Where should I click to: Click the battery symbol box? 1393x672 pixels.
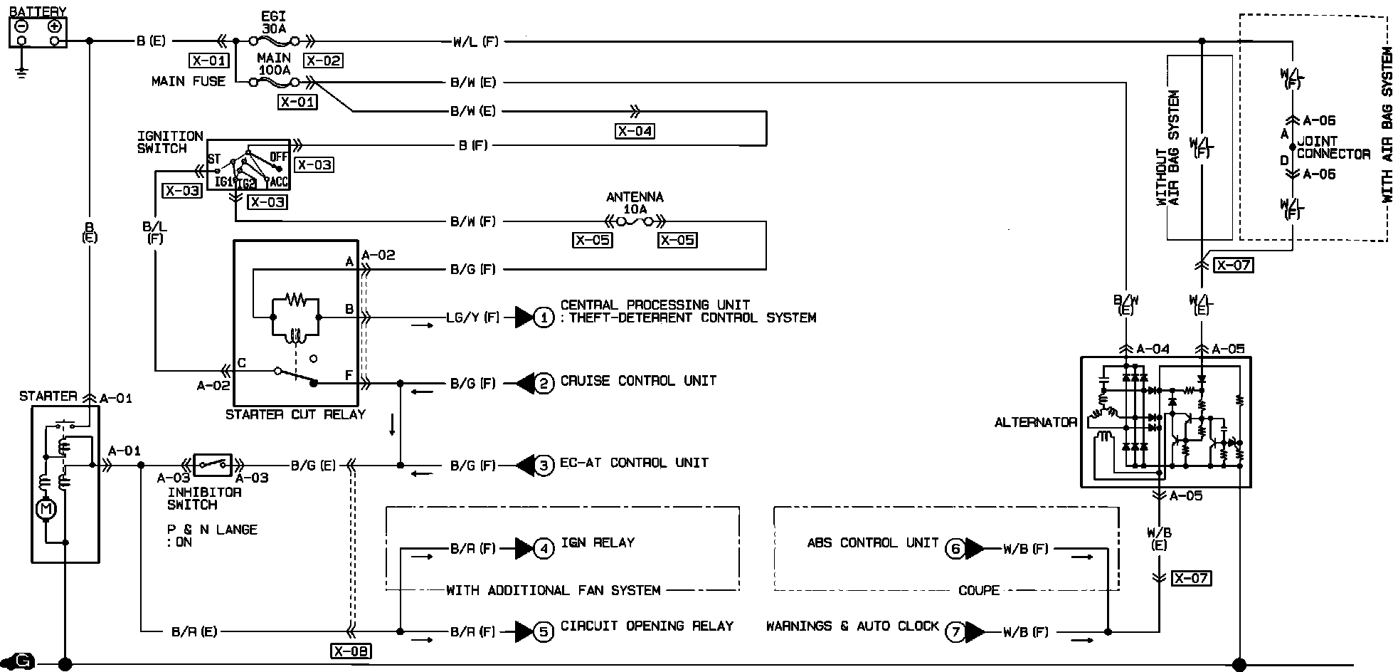(38, 33)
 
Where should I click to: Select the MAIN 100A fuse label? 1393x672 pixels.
(274, 64)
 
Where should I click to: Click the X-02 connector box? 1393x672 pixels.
(322, 61)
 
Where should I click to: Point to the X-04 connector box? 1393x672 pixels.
(635, 131)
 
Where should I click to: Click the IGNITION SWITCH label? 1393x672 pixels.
(170, 142)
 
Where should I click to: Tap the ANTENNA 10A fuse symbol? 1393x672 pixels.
(635, 222)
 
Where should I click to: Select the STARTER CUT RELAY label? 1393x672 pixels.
(295, 414)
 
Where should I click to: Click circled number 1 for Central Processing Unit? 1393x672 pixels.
(543, 317)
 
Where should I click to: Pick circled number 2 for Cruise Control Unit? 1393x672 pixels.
(544, 384)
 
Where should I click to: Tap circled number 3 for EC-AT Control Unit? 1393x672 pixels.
(544, 466)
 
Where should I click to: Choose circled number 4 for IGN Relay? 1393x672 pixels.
(544, 549)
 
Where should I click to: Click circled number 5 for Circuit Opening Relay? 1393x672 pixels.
(544, 631)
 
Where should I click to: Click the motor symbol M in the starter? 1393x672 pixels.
(46, 509)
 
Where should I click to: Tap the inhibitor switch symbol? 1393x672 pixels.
(213, 465)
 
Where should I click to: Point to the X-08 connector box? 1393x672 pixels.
(351, 651)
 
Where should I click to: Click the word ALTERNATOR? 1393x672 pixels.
(1035, 422)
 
